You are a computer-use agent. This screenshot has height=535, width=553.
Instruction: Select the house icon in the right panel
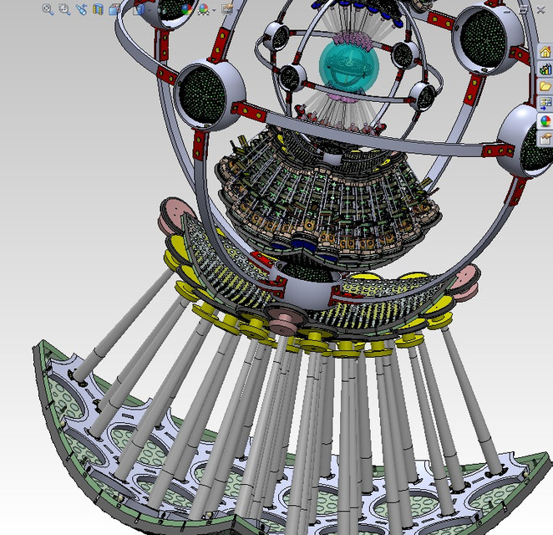(x=545, y=52)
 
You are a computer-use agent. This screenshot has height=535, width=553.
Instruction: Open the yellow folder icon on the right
(x=545, y=86)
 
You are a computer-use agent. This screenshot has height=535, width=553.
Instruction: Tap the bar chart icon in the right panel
(x=545, y=69)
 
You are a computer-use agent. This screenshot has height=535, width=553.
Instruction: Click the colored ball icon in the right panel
(x=545, y=120)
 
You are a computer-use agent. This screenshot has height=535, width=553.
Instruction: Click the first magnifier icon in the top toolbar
(x=48, y=9)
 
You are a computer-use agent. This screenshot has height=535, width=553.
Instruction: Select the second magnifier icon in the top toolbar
(x=64, y=9)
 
